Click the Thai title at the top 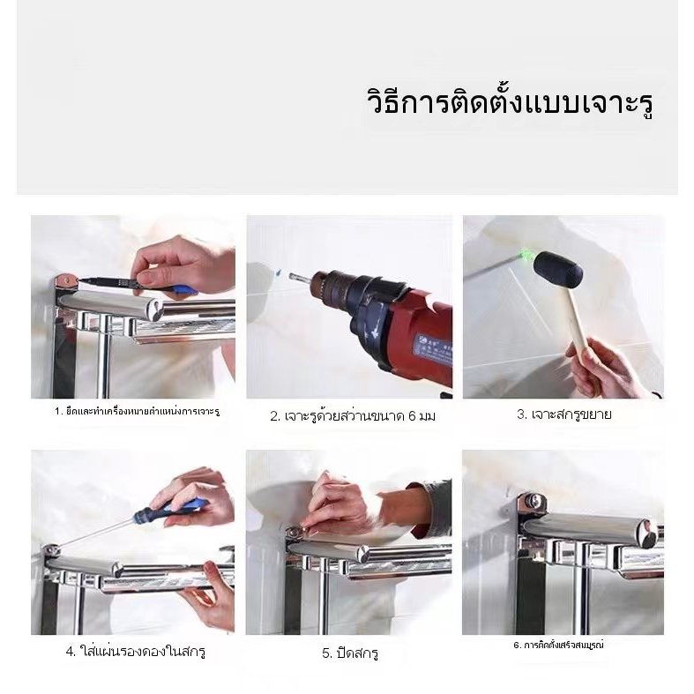(511, 103)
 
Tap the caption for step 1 (138, 412)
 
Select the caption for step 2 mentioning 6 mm (353, 416)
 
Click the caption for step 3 (564, 414)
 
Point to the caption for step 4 (136, 652)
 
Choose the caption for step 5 (350, 653)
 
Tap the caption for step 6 (558, 645)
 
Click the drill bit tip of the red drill (291, 277)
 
